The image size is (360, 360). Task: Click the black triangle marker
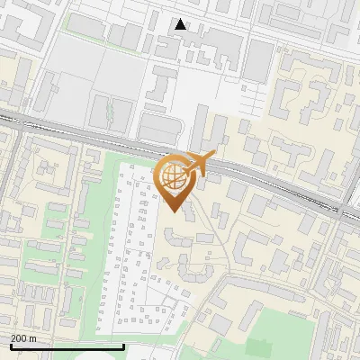pyautogui.click(x=181, y=24)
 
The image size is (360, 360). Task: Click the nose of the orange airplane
pyautogui.click(x=212, y=156)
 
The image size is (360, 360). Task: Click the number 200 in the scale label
pyautogui.click(x=18, y=338)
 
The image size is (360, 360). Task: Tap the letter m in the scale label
pyautogui.click(x=32, y=338)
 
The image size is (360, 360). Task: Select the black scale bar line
pyautogui.click(x=67, y=346)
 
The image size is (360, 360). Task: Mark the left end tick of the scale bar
pyautogui.click(x=10, y=346)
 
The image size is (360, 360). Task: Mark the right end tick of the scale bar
pyautogui.click(x=123, y=346)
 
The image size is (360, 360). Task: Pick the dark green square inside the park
pyautogui.click(x=258, y=346)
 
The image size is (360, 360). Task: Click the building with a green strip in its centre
pyautogui.click(x=109, y=112)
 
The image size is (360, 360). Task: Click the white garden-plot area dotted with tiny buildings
pyautogui.click(x=144, y=252)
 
